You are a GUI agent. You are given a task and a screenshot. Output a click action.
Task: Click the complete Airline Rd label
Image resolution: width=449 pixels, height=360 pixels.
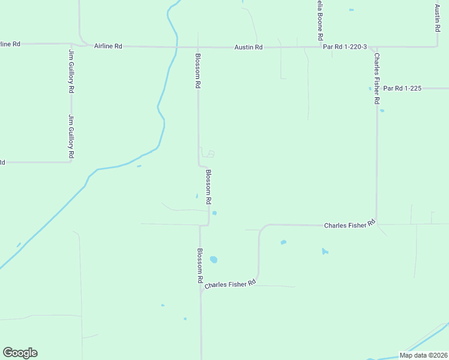click(x=108, y=46)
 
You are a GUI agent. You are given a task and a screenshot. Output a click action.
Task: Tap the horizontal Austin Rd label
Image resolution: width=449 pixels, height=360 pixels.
click(x=249, y=47)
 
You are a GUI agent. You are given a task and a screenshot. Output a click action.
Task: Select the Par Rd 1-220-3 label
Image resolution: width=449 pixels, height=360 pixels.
click(x=345, y=46)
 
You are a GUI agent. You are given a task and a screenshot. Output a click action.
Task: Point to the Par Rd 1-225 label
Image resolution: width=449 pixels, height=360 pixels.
click(x=402, y=88)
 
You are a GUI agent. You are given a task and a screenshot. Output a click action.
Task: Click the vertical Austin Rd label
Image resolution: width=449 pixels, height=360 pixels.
click(x=438, y=18)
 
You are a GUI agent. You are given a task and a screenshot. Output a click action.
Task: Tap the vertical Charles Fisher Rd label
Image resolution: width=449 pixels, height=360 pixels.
click(x=377, y=79)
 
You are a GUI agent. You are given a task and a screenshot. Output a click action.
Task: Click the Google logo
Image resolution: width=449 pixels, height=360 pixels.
click(x=20, y=353)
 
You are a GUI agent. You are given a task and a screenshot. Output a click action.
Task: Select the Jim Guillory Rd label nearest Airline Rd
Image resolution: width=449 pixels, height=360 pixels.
click(x=71, y=71)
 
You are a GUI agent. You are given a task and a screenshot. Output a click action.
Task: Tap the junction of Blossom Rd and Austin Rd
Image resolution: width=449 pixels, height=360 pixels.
click(x=199, y=47)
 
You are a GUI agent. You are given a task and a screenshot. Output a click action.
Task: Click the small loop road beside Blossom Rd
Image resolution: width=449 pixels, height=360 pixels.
click(x=208, y=153)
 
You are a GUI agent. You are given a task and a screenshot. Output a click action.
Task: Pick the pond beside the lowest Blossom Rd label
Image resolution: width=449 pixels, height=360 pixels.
click(x=214, y=260)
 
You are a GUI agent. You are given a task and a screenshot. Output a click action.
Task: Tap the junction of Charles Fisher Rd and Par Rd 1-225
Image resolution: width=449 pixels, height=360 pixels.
click(x=377, y=88)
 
